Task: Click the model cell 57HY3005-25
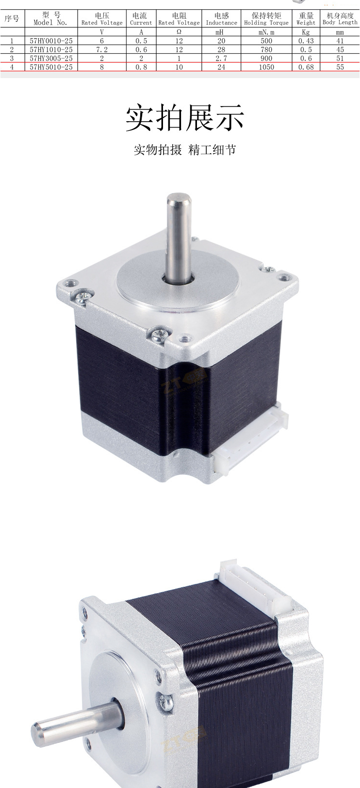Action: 51,58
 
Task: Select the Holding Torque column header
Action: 266,19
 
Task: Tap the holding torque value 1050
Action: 266,67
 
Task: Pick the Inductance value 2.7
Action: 221,58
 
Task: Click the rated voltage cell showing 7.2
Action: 102,49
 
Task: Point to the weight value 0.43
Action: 306,41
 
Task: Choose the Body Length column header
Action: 340,18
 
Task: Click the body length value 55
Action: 340,67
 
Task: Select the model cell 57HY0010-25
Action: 51,41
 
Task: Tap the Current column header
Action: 141,19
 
